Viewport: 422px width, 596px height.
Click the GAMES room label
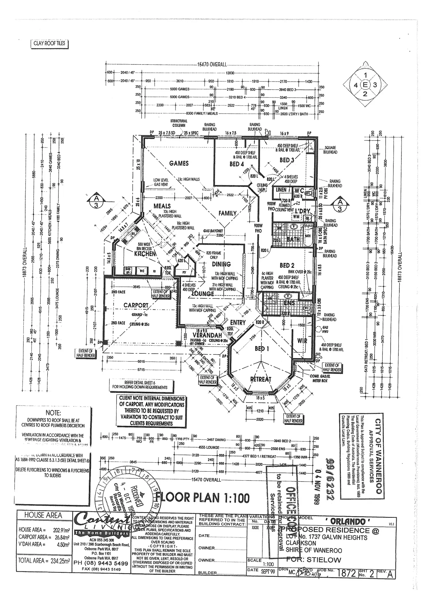coord(179,163)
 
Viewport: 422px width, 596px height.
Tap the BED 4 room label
coord(237,164)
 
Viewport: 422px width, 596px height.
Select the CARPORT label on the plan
coord(136,305)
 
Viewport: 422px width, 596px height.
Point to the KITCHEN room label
coord(145,253)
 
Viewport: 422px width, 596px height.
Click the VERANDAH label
coord(207,335)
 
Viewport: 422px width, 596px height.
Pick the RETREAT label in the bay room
coord(261,379)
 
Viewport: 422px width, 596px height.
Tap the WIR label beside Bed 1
coord(302,341)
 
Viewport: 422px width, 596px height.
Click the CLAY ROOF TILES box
coord(49,44)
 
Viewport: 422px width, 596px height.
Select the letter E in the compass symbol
coord(365,85)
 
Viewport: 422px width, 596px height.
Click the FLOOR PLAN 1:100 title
coord(202,498)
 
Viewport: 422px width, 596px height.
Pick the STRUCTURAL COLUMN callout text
coord(179,123)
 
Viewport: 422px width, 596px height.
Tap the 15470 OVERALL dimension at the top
coord(212,64)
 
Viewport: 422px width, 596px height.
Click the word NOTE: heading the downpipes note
coord(53,413)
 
